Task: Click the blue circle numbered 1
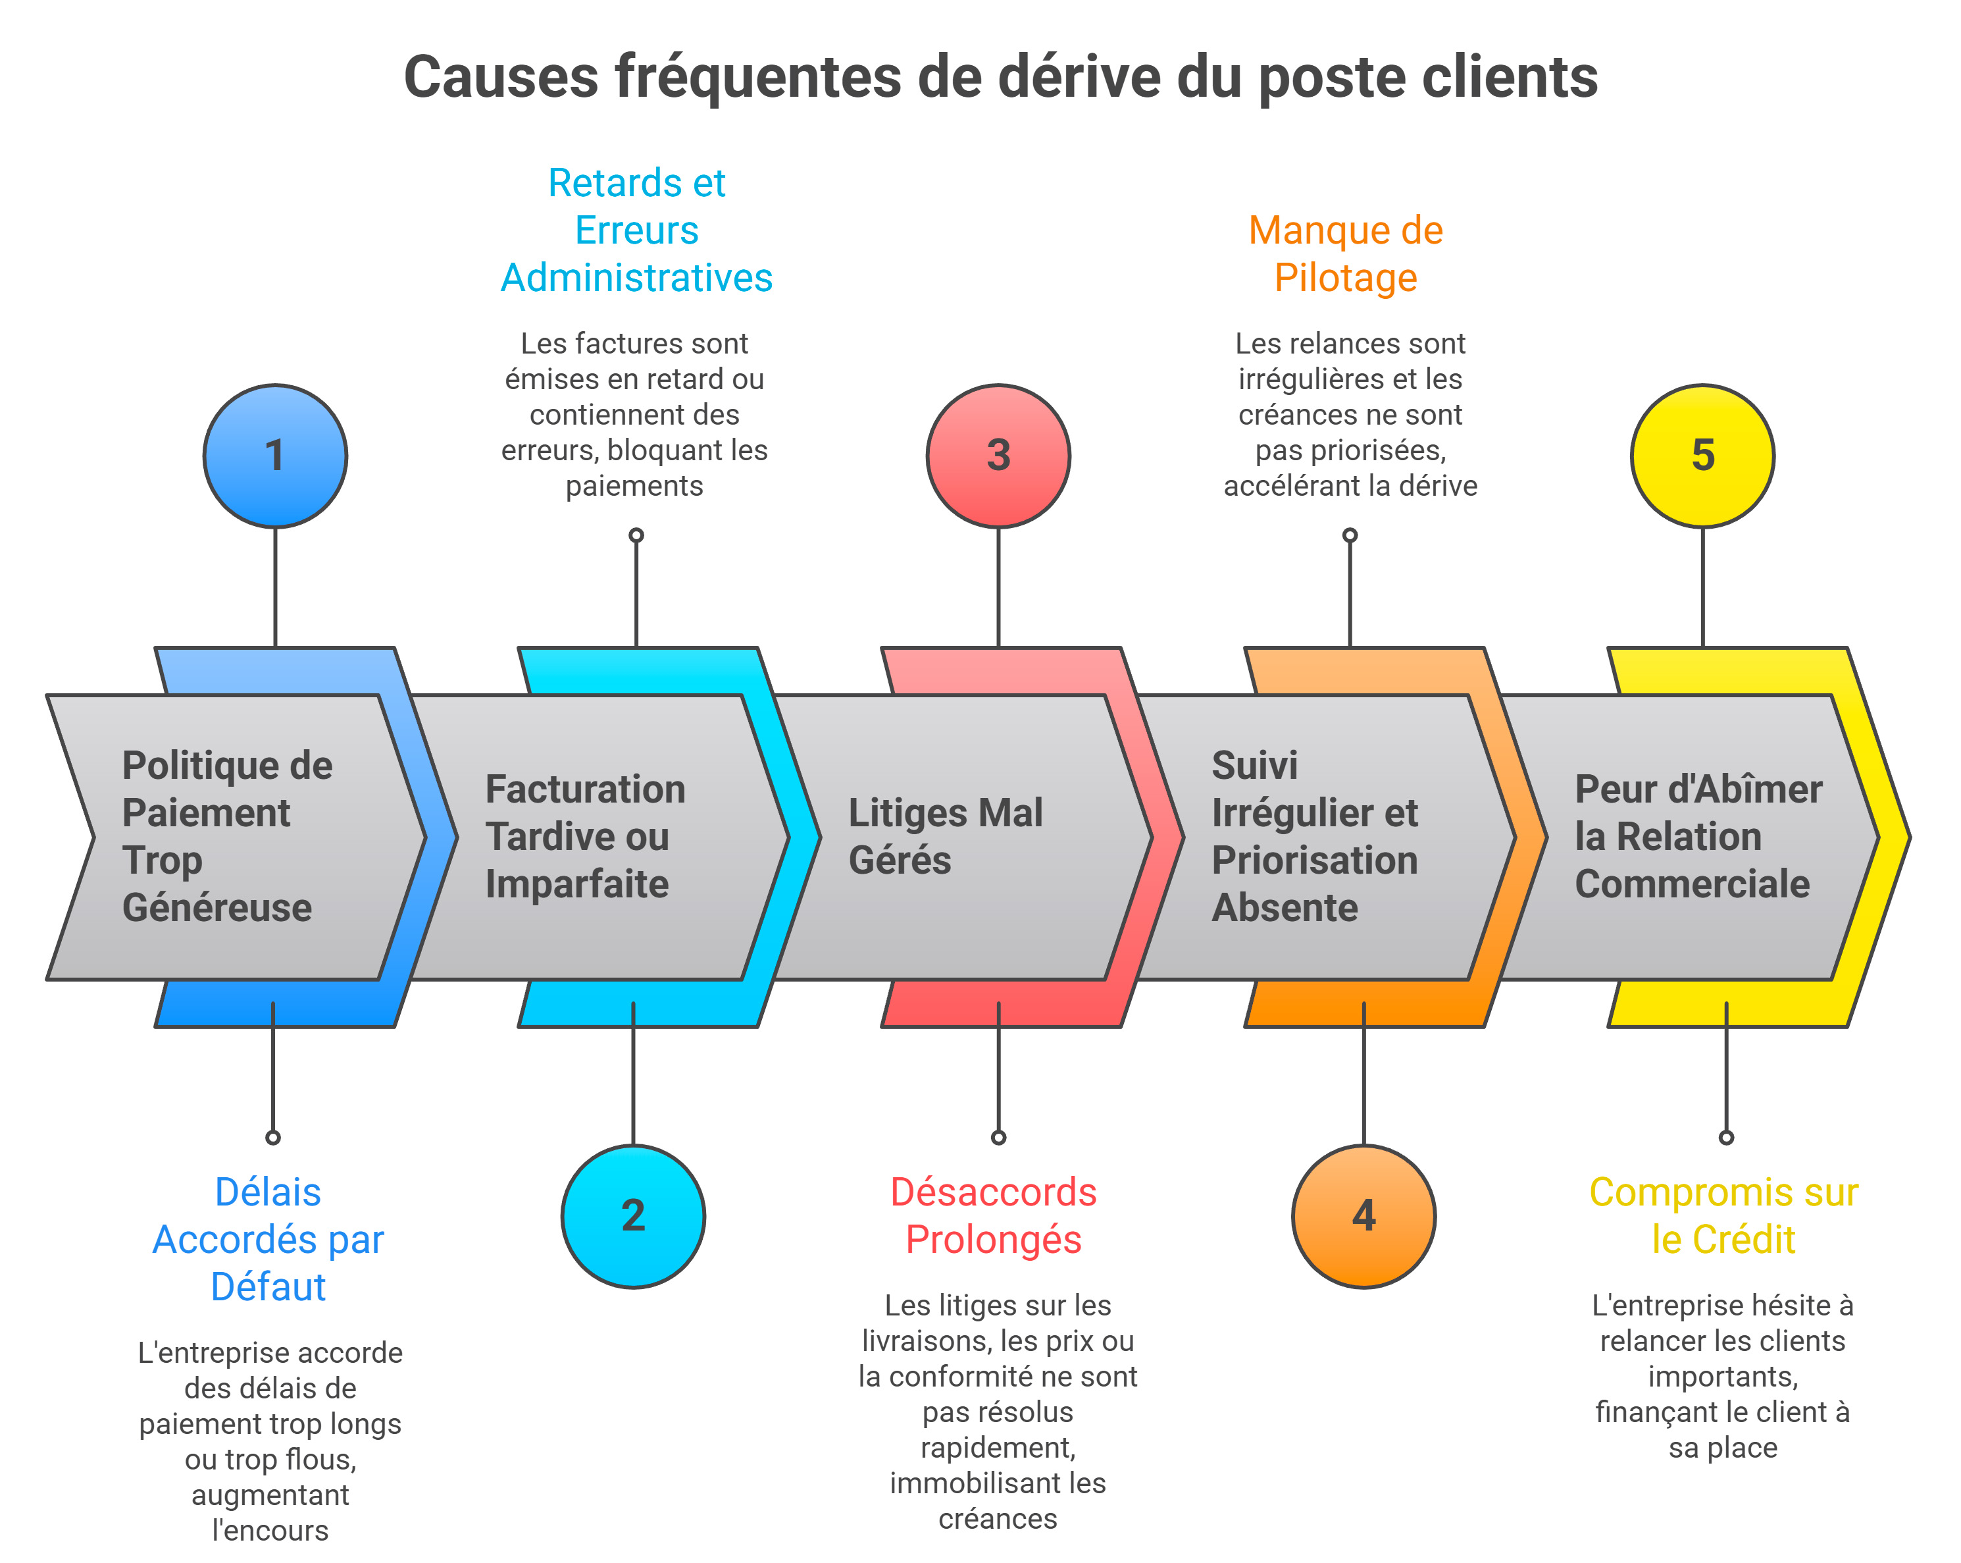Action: pos(274,456)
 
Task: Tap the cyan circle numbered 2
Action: pos(633,1217)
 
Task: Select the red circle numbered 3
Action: pos(998,456)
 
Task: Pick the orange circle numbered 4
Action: pos(1363,1217)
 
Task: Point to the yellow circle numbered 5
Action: pos(1702,456)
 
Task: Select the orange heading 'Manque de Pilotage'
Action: pos(1345,254)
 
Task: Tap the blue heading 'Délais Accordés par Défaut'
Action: pos(268,1239)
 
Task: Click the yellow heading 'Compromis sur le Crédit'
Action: pos(1723,1215)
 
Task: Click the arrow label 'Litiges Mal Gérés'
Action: pos(944,836)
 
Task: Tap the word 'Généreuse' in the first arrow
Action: pos(216,908)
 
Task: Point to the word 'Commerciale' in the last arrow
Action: pos(1692,884)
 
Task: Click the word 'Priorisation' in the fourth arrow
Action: pos(1314,861)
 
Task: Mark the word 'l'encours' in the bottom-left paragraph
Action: pos(270,1530)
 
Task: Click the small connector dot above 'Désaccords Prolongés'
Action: pos(998,1137)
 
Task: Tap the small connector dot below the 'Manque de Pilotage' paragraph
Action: pos(1350,535)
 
